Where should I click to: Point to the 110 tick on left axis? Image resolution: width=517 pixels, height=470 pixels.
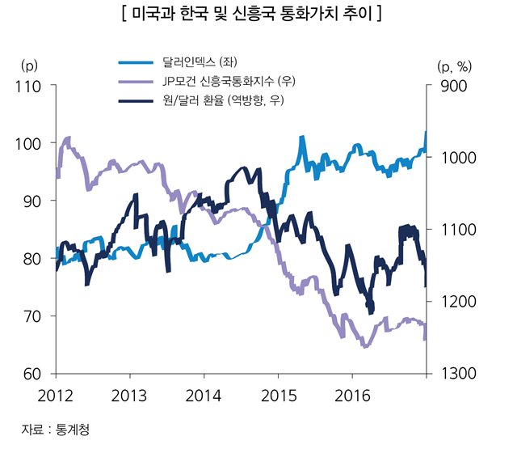pyautogui.click(x=28, y=86)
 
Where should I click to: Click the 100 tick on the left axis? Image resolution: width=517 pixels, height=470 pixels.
pyautogui.click(x=28, y=143)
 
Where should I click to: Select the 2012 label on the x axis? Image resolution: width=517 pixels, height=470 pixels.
pyautogui.click(x=56, y=396)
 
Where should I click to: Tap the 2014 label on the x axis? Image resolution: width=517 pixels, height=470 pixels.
pyautogui.click(x=204, y=396)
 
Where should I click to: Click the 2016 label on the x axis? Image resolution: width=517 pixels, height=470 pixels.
pyautogui.click(x=351, y=396)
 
